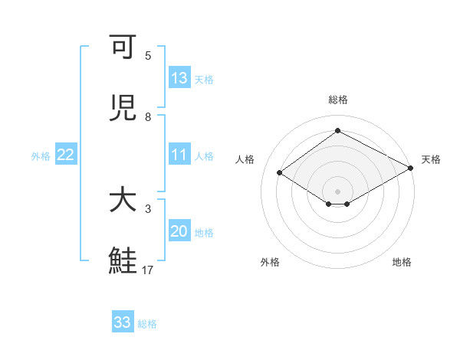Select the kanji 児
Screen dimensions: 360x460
123,108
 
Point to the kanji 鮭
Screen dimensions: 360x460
123,260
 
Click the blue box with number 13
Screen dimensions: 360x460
179,78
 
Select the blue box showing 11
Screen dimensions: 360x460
179,155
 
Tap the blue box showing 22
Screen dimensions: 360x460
66,155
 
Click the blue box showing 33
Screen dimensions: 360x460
123,322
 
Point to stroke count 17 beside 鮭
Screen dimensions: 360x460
148,270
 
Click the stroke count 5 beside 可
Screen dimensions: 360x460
148,56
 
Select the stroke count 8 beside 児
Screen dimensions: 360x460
148,117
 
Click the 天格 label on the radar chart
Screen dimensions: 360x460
431,159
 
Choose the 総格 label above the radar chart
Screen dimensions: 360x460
338,100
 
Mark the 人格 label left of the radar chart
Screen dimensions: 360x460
245,159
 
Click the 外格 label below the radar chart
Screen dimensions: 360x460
270,262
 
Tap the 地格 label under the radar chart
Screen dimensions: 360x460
402,262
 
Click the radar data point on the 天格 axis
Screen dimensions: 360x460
412,168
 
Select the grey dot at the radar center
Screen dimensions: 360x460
338,191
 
